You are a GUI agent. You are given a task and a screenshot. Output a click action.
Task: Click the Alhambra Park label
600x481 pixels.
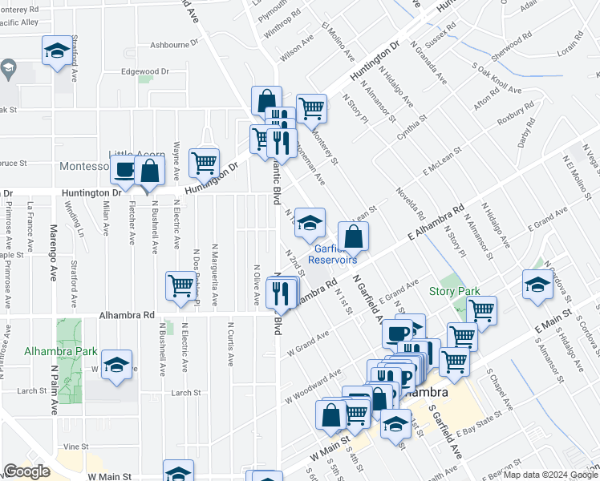pos(49,351)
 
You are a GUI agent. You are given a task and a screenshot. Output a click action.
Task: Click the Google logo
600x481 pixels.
pos(26,471)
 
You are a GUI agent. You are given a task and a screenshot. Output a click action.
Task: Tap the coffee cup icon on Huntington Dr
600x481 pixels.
pos(124,170)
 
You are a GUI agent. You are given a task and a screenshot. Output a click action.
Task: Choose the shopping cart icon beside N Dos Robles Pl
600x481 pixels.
pos(180,285)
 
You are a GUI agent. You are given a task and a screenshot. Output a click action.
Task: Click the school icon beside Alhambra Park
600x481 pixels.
pos(117,365)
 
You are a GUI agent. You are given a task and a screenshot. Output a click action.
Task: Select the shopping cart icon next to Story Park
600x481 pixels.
pos(481,310)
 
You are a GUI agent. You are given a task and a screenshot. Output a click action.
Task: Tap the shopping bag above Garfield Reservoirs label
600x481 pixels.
pos(353,236)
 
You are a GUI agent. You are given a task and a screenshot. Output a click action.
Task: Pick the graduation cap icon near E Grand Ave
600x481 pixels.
pos(537,284)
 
